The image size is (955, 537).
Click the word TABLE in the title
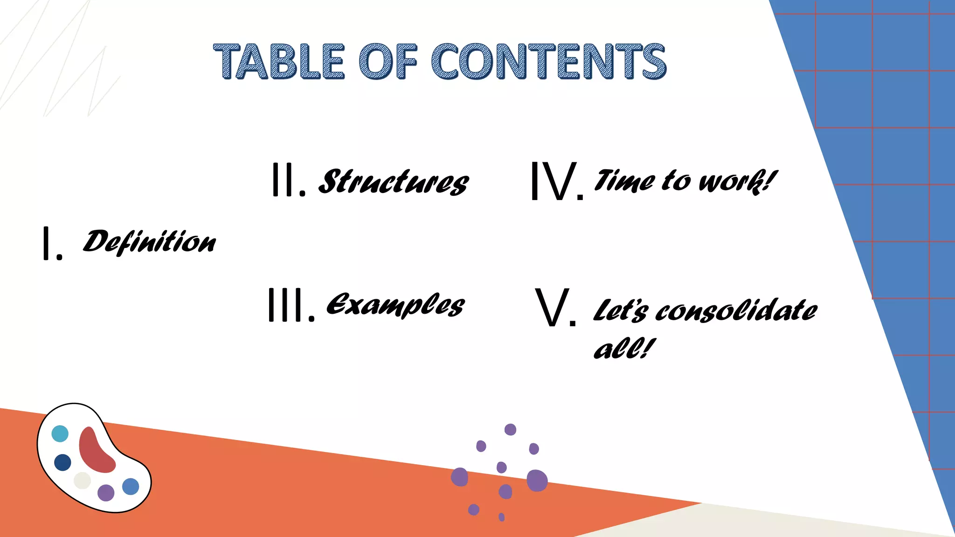click(x=279, y=62)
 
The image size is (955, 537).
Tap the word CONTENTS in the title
click(x=548, y=62)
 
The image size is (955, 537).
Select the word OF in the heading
click(x=388, y=62)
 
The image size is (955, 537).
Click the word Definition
click(x=149, y=242)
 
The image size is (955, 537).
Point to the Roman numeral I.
click(x=47, y=243)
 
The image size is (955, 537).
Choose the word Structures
click(x=393, y=182)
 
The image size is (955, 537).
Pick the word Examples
click(x=395, y=305)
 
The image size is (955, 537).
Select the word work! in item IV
click(x=737, y=181)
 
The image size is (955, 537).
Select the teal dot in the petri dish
click(x=60, y=434)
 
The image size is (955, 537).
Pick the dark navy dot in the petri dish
click(x=62, y=462)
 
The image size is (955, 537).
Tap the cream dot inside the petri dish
click(x=82, y=481)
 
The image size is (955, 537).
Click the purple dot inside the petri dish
click(x=106, y=492)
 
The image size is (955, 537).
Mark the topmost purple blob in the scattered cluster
click(x=510, y=429)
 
